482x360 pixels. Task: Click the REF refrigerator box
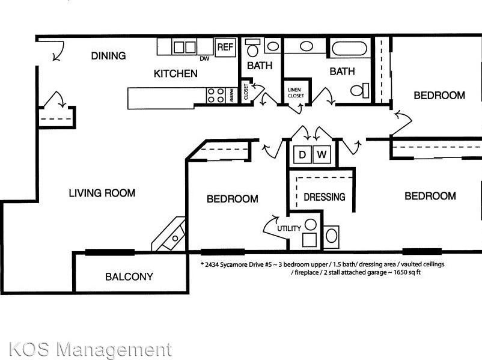click(x=225, y=47)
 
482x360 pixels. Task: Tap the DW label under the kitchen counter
click(x=204, y=58)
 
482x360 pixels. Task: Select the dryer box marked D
click(x=302, y=154)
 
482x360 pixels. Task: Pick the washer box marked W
click(x=322, y=154)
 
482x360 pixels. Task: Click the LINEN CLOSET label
click(x=296, y=93)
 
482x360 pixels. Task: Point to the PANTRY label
click(x=231, y=96)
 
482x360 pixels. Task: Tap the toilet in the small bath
click(x=253, y=47)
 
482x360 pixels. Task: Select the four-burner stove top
click(x=216, y=96)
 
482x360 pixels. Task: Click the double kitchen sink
click(x=185, y=47)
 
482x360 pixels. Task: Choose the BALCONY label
click(x=129, y=276)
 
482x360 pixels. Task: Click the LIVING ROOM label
click(x=102, y=193)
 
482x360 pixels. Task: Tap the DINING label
click(x=109, y=56)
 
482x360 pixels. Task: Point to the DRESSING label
click(x=325, y=197)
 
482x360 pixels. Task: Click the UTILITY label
click(x=289, y=228)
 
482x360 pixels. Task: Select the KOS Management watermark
click(x=90, y=350)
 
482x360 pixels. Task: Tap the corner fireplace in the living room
click(x=169, y=234)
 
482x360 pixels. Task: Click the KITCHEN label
click(x=175, y=73)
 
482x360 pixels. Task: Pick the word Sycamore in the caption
click(x=231, y=264)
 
